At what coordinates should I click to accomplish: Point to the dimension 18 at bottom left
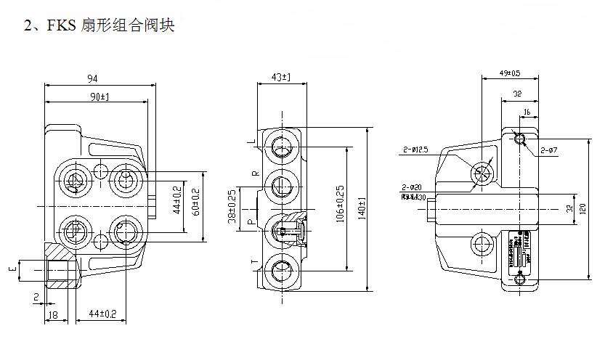[x=53, y=315]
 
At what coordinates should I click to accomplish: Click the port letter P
[x=253, y=221]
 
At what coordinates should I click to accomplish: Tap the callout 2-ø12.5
[x=415, y=150]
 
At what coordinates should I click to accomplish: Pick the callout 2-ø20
[x=411, y=187]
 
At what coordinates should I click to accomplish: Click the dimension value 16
[x=527, y=112]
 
